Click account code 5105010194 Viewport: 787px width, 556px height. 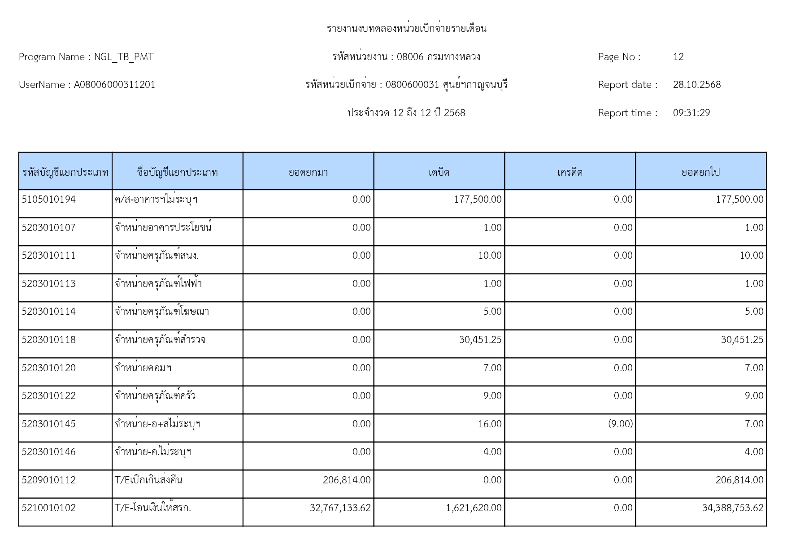(x=49, y=200)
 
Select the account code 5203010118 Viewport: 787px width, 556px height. (x=49, y=340)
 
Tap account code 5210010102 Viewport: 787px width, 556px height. (x=49, y=508)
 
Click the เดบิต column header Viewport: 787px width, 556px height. (x=439, y=172)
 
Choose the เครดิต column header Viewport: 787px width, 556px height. (x=570, y=172)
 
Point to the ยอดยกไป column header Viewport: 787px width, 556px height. (x=700, y=172)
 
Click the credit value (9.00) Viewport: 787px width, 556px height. (x=620, y=424)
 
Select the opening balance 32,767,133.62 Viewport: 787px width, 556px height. (x=340, y=508)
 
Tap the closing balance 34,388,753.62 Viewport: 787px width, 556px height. (x=732, y=508)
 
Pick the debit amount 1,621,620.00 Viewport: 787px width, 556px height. (x=474, y=508)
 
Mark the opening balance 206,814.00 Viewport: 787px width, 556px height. (x=347, y=480)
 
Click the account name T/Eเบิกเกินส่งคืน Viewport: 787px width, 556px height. (x=148, y=480)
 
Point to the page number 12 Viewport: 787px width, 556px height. (x=678, y=57)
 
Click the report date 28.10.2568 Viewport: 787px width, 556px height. (x=696, y=85)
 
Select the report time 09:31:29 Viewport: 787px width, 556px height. (x=691, y=113)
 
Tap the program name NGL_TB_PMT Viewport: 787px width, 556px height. (x=124, y=57)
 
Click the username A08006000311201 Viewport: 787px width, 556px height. (x=114, y=85)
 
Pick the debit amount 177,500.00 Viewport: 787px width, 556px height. (x=478, y=200)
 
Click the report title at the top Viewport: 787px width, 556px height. (x=406, y=29)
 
